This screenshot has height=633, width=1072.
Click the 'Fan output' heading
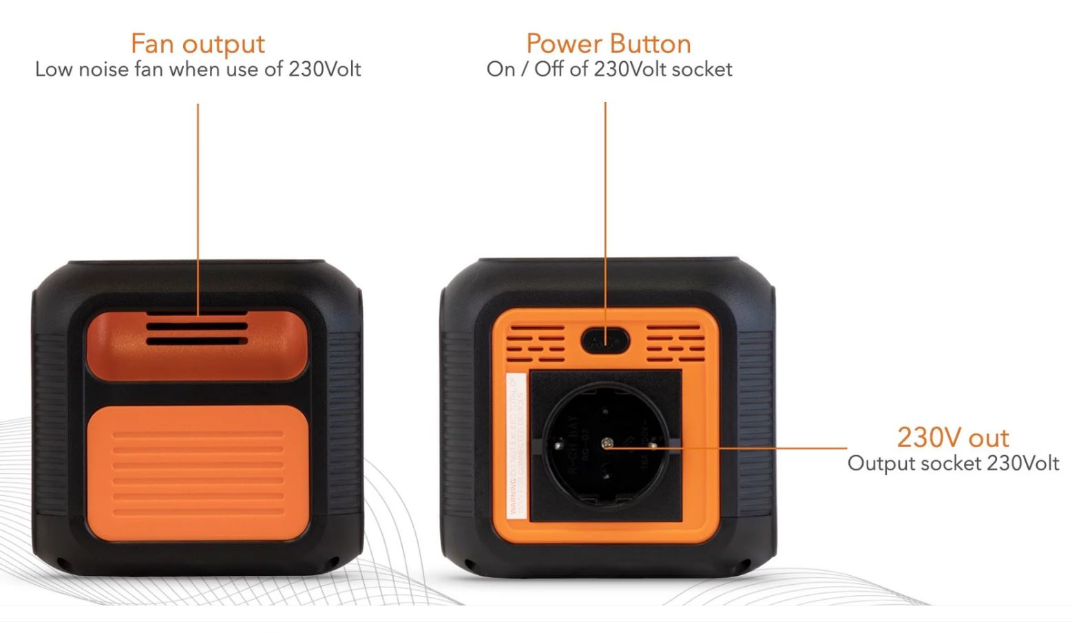pyautogui.click(x=198, y=43)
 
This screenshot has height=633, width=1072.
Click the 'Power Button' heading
pyautogui.click(x=608, y=43)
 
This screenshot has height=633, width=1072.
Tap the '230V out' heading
pyautogui.click(x=952, y=437)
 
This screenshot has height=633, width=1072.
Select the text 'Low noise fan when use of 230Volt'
pyautogui.click(x=198, y=70)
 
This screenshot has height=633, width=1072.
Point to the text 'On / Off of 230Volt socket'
pyautogui.click(x=609, y=70)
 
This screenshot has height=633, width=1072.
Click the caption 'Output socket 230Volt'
pyautogui.click(x=952, y=463)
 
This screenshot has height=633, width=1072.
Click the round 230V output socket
pyautogui.click(x=605, y=444)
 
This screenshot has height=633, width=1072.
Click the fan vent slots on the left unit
pyautogui.click(x=196, y=332)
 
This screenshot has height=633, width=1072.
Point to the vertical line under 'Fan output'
pyautogui.click(x=198, y=207)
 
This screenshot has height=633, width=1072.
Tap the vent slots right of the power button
pyautogui.click(x=674, y=343)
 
